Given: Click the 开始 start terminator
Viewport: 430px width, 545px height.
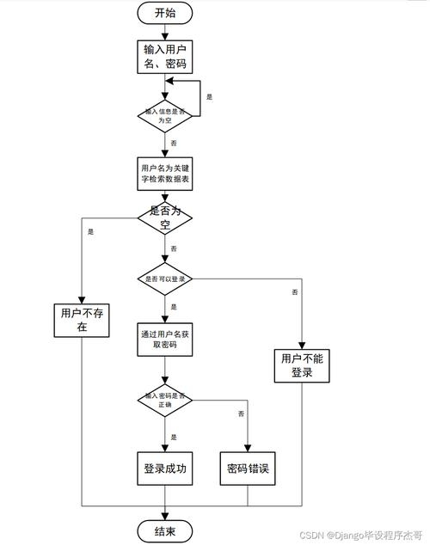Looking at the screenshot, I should pyautogui.click(x=165, y=13).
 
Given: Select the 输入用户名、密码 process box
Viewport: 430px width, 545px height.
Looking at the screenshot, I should pyautogui.click(x=165, y=56).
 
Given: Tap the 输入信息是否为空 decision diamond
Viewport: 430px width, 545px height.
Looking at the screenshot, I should pyautogui.click(x=165, y=115).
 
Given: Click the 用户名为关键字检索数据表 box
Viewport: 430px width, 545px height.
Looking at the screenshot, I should pyautogui.click(x=165, y=173).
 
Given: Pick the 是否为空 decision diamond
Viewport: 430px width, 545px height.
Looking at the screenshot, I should pyautogui.click(x=165, y=217).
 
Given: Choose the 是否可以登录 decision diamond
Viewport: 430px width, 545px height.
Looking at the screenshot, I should pyautogui.click(x=165, y=279).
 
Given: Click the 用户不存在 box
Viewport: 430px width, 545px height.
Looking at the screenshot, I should pyautogui.click(x=80, y=320).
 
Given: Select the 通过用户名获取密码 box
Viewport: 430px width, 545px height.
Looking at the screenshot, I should pyautogui.click(x=165, y=340).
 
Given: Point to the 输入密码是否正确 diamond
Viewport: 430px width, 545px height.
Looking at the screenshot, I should pyautogui.click(x=165, y=401).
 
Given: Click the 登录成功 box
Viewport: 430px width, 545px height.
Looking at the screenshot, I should pyautogui.click(x=165, y=468).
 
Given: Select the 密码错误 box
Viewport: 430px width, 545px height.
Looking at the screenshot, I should pyautogui.click(x=248, y=468).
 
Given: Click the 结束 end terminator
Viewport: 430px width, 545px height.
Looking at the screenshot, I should pyautogui.click(x=165, y=532).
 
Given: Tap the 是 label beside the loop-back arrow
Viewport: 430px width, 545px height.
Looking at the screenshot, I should pyautogui.click(x=209, y=98).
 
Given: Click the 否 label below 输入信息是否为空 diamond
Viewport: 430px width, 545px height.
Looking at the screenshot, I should pyautogui.click(x=175, y=143).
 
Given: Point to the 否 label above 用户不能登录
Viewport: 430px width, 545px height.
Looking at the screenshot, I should pyautogui.click(x=295, y=293).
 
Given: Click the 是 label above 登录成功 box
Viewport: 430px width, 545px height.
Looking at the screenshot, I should pyautogui.click(x=174, y=437).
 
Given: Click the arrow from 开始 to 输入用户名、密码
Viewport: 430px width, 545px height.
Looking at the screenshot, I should pyautogui.click(x=165, y=32).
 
